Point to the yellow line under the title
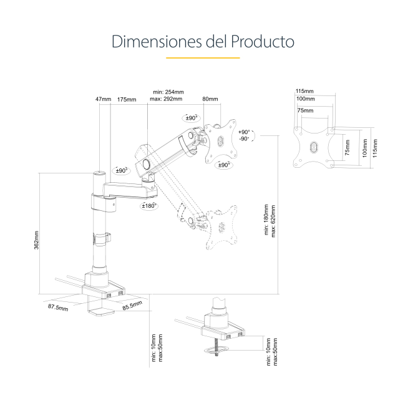tap(203, 58)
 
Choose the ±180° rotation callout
tap(148, 205)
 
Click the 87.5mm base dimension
tap(58, 308)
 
